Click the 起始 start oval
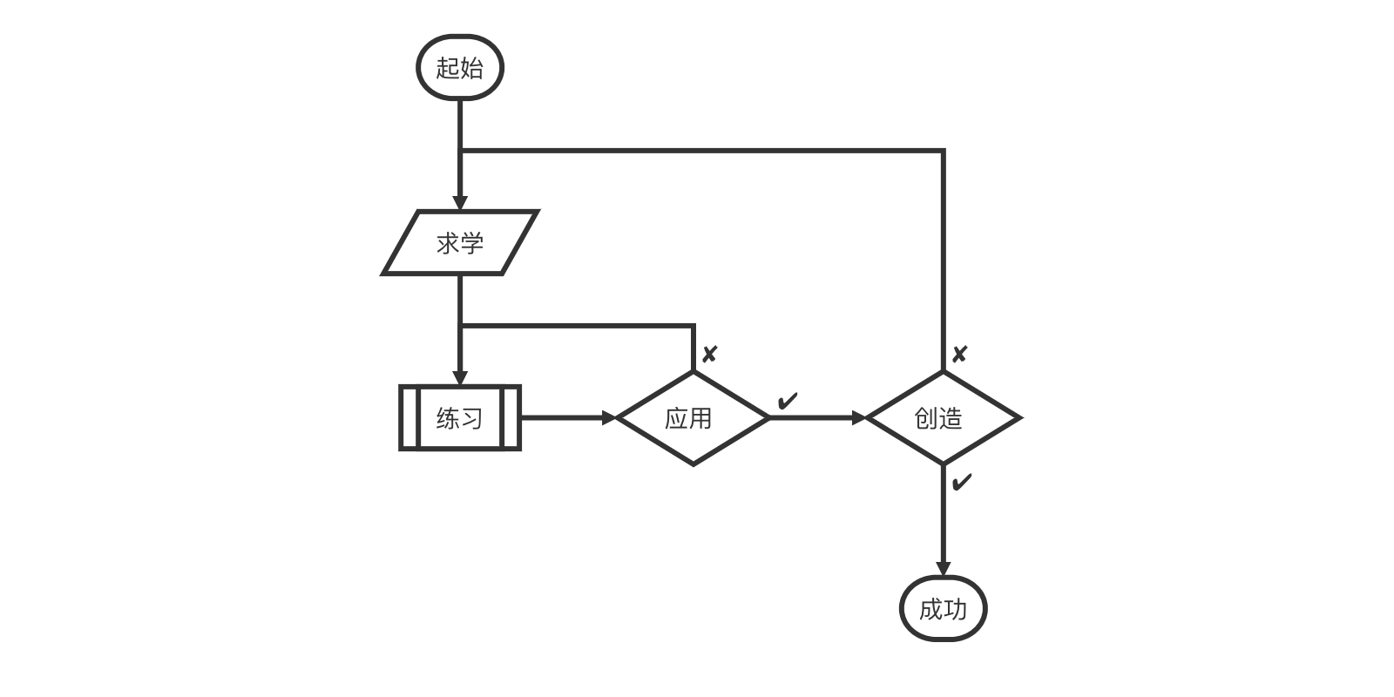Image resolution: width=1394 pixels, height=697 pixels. point(460,68)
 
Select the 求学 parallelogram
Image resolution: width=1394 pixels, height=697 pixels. point(460,243)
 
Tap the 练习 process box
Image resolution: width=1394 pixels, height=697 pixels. point(460,418)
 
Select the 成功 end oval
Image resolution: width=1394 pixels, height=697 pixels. point(943,609)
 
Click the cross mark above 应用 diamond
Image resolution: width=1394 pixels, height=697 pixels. point(709,355)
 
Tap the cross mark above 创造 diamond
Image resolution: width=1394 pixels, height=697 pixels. point(959,355)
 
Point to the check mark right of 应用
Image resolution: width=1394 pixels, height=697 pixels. point(787,402)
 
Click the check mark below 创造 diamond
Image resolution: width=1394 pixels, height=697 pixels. point(961,483)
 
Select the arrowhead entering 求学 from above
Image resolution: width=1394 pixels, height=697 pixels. point(460,203)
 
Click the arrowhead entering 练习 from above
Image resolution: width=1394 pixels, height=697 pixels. point(460,378)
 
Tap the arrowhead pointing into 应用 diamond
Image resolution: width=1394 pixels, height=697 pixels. point(609,418)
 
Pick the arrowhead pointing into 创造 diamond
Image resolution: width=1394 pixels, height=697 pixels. point(859,418)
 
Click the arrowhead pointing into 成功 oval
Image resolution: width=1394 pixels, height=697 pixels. point(943,568)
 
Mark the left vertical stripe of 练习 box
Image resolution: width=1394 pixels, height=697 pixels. point(409,418)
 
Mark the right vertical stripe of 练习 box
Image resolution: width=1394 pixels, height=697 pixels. point(511,418)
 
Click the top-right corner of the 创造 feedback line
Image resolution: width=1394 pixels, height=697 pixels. point(943,152)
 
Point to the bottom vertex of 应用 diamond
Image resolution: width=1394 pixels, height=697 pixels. point(693,464)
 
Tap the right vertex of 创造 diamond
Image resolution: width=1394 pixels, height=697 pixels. point(1018,418)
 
